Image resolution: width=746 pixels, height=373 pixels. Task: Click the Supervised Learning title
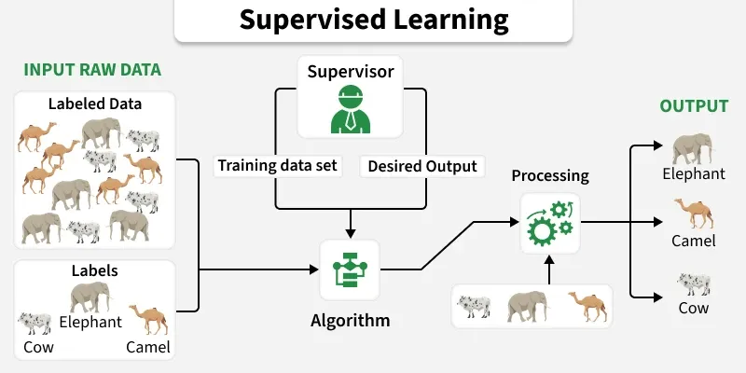pos(373,20)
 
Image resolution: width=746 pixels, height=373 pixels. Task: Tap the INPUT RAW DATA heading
pos(92,71)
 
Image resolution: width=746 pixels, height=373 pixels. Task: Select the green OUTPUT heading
pos(694,106)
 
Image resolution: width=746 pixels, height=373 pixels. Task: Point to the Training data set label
pos(277,167)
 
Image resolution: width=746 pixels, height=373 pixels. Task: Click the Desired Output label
pos(421,167)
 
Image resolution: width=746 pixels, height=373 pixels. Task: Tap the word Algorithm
pos(350,321)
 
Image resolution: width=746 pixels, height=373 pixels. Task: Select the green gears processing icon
pos(550,223)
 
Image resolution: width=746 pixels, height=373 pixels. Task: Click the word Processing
pos(550,175)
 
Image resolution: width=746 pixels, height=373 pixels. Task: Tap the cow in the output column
pos(694,283)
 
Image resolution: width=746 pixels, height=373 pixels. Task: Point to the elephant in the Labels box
pos(90,297)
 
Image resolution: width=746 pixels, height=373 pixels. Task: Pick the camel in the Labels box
pos(148,320)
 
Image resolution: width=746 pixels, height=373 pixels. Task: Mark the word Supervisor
pos(350,71)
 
